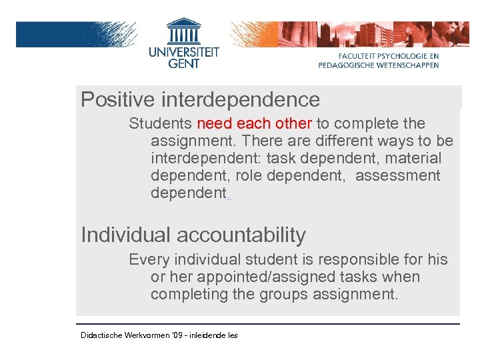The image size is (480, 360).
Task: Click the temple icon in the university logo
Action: click(184, 31)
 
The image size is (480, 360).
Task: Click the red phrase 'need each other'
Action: click(255, 123)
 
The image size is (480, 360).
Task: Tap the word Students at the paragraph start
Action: click(161, 123)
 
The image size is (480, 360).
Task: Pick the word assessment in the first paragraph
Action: click(397, 176)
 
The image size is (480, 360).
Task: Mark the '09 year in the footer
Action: click(177, 335)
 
